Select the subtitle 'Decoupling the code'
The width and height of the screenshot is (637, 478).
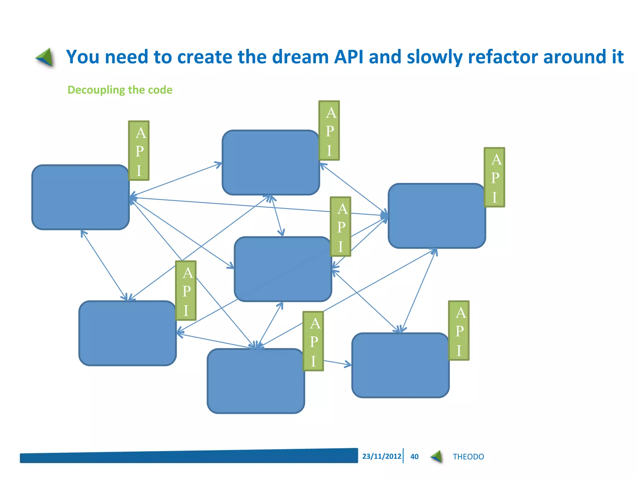pyautogui.click(x=120, y=90)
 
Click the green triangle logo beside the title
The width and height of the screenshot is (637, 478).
pyautogui.click(x=45, y=58)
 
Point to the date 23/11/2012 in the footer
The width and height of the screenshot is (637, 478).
pyautogui.click(x=382, y=456)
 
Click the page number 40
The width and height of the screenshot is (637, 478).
pyautogui.click(x=414, y=457)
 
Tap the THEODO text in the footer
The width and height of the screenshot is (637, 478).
pyautogui.click(x=468, y=457)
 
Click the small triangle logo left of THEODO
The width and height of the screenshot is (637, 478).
pyautogui.click(x=437, y=457)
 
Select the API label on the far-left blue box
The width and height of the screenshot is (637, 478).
pyautogui.click(x=139, y=151)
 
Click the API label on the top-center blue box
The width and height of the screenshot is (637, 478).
pyautogui.click(x=329, y=131)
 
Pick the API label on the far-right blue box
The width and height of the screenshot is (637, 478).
pyautogui.click(x=494, y=177)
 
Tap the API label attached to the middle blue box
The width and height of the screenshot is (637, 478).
pyautogui.click(x=341, y=227)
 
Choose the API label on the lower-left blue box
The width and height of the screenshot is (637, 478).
pyautogui.click(x=186, y=291)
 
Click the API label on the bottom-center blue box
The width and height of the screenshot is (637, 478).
pyautogui.click(x=313, y=341)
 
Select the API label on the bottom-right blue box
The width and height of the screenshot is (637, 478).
pyautogui.click(x=459, y=330)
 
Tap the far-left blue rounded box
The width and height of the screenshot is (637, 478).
pyautogui.click(x=80, y=198)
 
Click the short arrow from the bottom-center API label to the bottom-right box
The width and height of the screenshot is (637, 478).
pyautogui.click(x=337, y=363)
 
